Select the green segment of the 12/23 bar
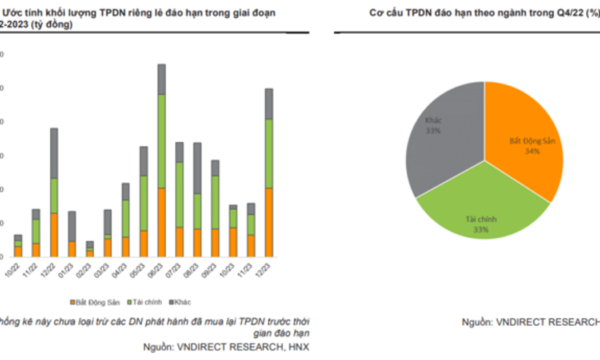(x=269, y=153)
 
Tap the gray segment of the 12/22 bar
(x=54, y=153)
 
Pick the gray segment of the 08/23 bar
(x=197, y=168)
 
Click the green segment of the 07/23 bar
(x=179, y=194)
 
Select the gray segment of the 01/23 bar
(x=72, y=226)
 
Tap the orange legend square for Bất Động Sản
(x=73, y=302)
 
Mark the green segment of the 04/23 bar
(x=126, y=218)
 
